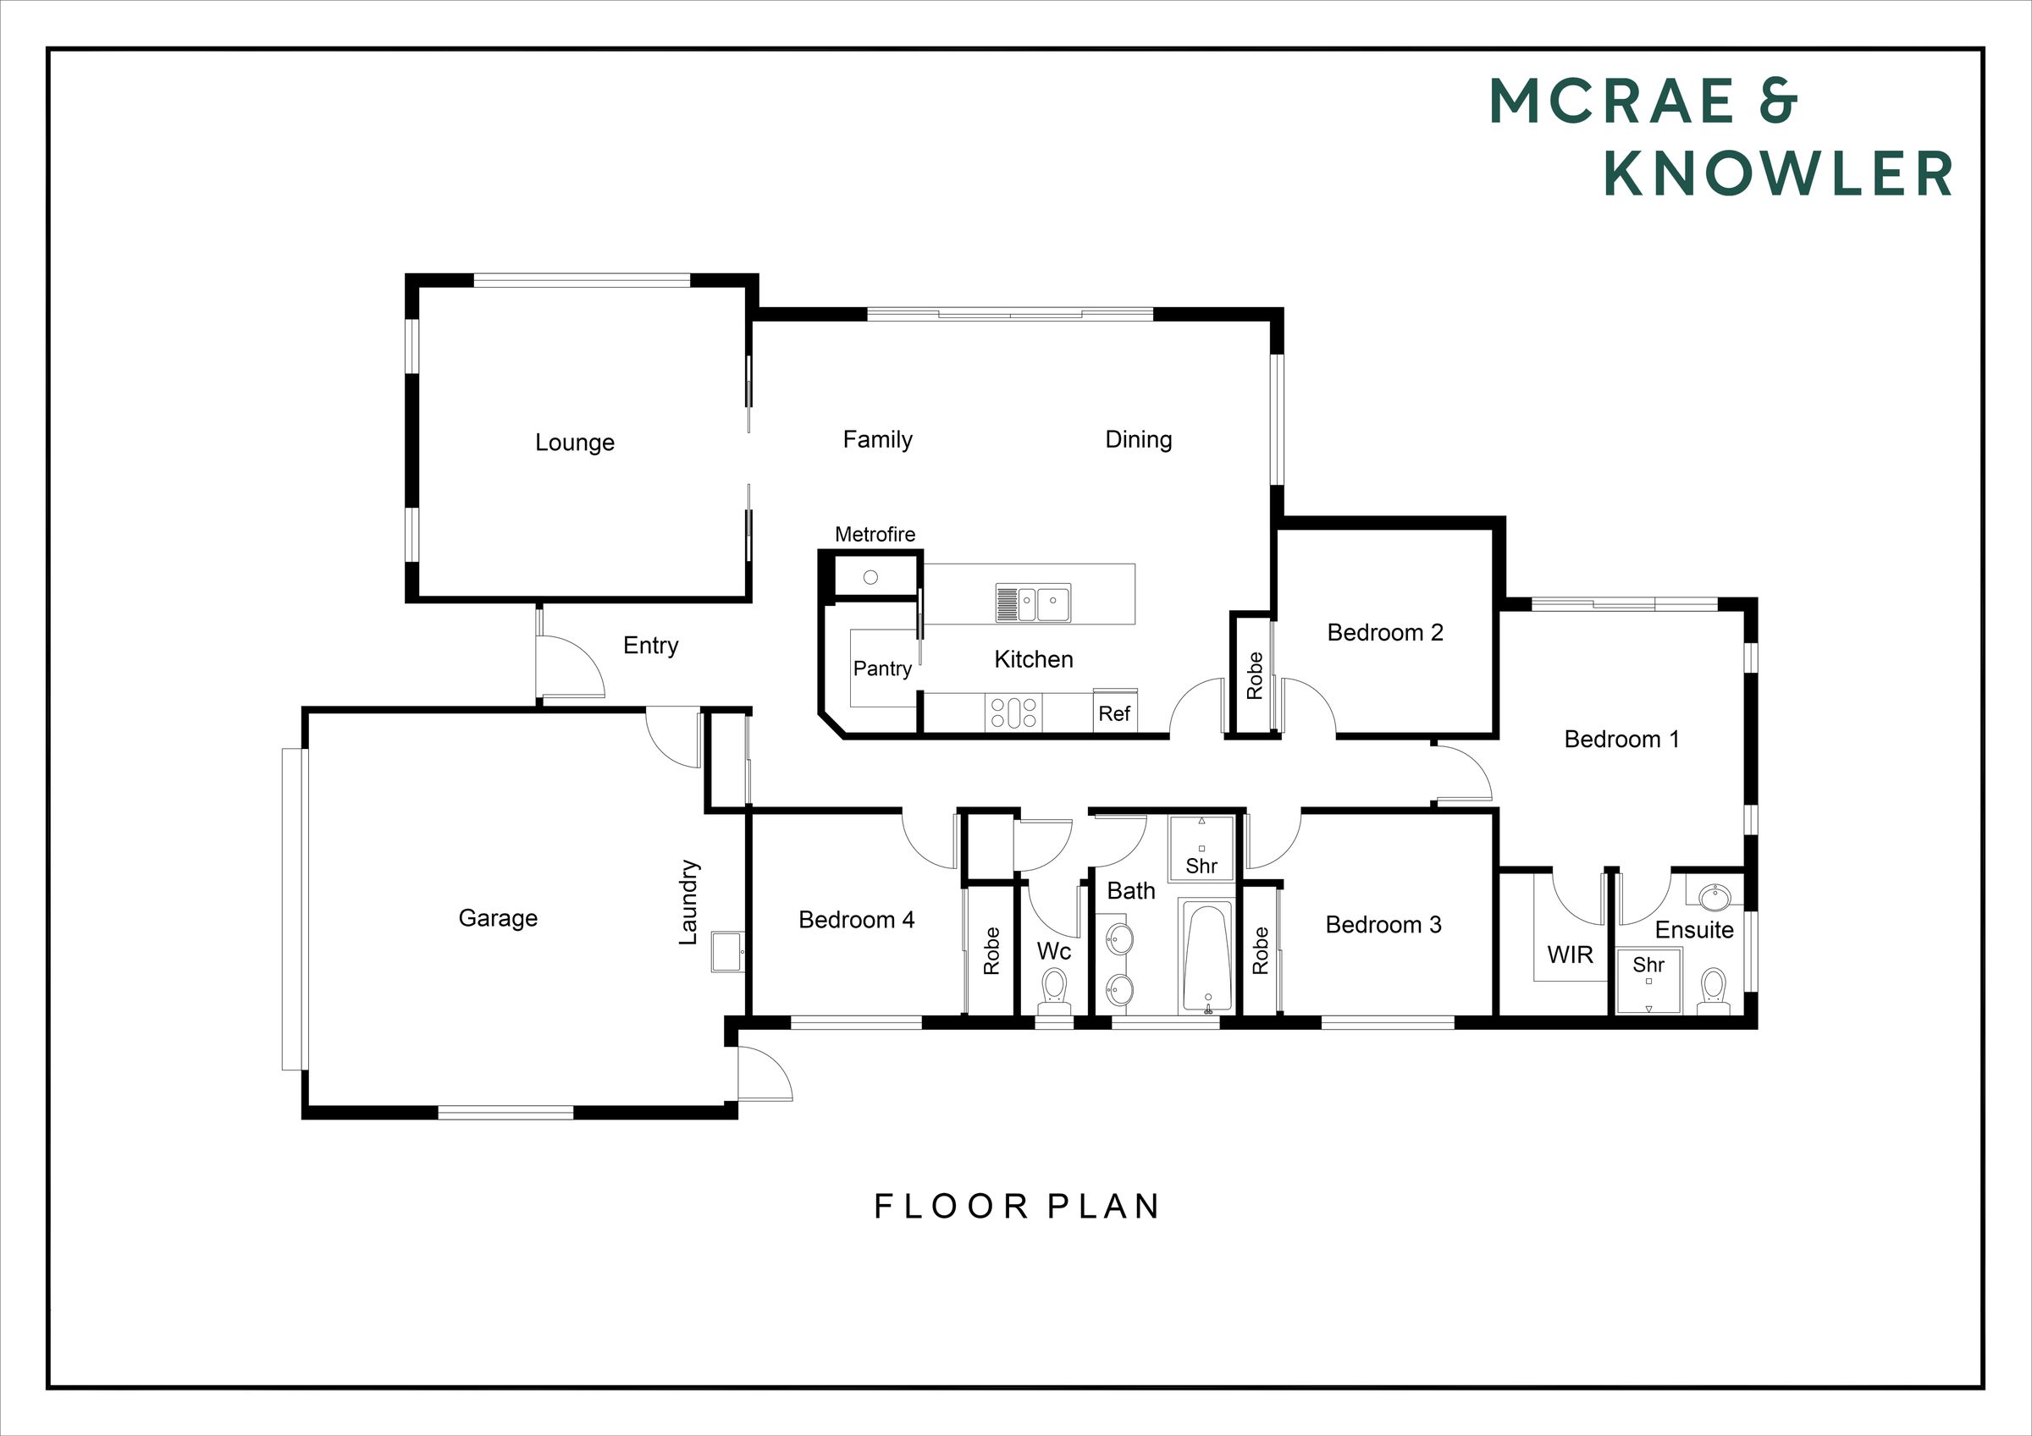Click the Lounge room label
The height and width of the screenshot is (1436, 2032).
pyautogui.click(x=574, y=443)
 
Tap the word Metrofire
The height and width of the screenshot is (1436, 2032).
pyautogui.click(x=875, y=535)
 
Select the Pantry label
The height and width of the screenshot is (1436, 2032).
pyautogui.click(x=882, y=668)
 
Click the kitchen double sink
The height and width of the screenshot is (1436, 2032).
pyautogui.click(x=1033, y=603)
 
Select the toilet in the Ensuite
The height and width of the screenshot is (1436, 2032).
pyautogui.click(x=1714, y=992)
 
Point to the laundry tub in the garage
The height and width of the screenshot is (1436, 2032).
pyautogui.click(x=727, y=952)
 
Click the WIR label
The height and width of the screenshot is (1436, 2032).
pyautogui.click(x=1570, y=955)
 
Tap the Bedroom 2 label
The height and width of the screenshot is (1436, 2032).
pyautogui.click(x=1385, y=633)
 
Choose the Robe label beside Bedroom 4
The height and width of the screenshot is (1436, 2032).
pyautogui.click(x=991, y=951)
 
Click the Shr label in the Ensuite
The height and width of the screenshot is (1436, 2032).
pyautogui.click(x=1648, y=965)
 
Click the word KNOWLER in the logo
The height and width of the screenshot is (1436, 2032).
pyautogui.click(x=1778, y=173)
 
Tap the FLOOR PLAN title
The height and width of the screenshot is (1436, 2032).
pyautogui.click(x=1017, y=1207)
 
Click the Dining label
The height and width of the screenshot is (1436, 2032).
pyautogui.click(x=1138, y=440)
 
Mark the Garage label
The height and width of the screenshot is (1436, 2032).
pyautogui.click(x=499, y=918)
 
